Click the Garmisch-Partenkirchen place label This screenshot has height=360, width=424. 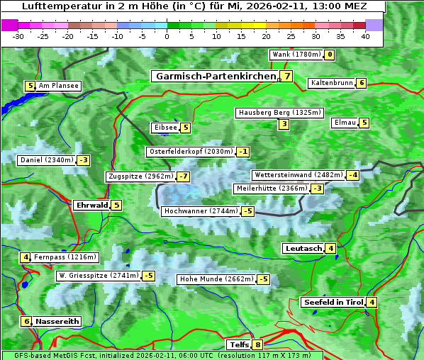tap(216, 76)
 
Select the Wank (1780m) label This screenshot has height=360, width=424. tap(296, 55)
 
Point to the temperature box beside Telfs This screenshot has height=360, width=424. tap(257, 345)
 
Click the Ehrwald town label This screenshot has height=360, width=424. tap(91, 206)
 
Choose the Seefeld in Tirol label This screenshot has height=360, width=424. tap(333, 303)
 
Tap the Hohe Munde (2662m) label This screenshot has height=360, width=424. tap(216, 279)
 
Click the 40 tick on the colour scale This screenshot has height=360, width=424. tap(365, 36)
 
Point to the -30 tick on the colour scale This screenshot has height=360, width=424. tap(18, 36)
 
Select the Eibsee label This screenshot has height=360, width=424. tap(164, 128)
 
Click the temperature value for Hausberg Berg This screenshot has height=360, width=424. tap(284, 125)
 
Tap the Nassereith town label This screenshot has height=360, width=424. tap(57, 321)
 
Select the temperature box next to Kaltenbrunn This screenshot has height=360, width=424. tap(361, 83)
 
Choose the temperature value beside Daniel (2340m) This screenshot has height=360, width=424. tap(84, 160)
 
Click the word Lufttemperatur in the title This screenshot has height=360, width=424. tap(53, 6)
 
